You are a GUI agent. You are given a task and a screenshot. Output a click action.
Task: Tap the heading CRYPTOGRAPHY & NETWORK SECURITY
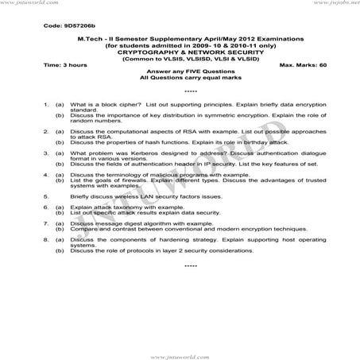pyautogui.click(x=179, y=54)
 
